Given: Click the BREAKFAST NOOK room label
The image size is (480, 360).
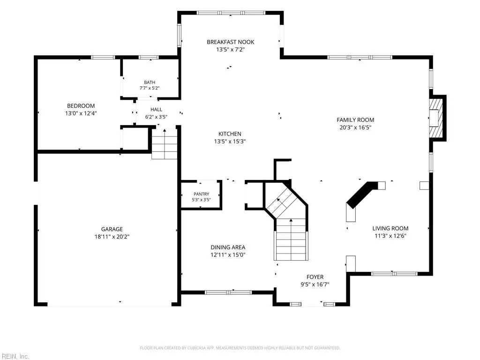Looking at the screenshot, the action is coord(230,42).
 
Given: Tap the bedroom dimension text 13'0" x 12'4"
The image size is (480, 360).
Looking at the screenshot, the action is coord(81,113).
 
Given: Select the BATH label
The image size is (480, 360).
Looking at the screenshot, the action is coord(150,82).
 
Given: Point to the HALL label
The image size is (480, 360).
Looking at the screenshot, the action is coord(156,109).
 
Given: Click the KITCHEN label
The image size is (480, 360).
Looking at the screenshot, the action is coord(230,134).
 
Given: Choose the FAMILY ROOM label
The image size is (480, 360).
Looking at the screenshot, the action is coord(355,120).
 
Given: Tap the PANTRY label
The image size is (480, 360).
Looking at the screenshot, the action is coord(201,194).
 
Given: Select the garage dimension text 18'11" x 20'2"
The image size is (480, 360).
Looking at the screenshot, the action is coord(112,237).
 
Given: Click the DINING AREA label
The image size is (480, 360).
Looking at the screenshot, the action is coord(228,247).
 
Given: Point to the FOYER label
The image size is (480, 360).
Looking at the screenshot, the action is coord(315,277).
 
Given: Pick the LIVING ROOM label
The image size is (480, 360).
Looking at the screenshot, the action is coord(390,228).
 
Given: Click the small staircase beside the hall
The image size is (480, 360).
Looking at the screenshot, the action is coord(165,144).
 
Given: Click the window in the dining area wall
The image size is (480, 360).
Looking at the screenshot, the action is coord(228,292).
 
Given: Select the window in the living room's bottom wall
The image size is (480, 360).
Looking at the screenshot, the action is coord(394,274).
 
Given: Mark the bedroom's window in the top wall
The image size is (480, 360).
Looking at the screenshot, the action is coord(103,57).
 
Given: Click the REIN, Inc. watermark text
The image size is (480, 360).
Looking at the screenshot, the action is coord(15,356).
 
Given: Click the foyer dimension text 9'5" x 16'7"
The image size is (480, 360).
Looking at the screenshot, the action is coord(315,285).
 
